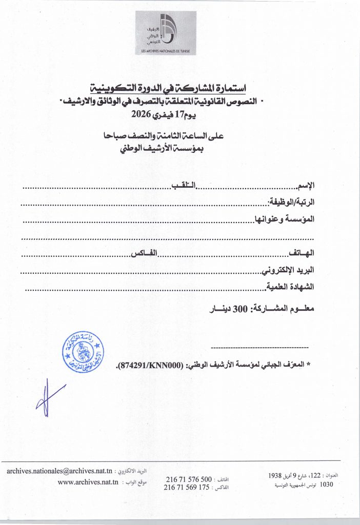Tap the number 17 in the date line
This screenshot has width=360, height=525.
pyautogui.click(x=180, y=114)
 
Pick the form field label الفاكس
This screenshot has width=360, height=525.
pyautogui.click(x=144, y=253)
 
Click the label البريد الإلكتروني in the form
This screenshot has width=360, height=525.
pyautogui.click(x=288, y=270)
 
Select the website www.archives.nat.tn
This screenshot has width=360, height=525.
pyautogui.click(x=88, y=482)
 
